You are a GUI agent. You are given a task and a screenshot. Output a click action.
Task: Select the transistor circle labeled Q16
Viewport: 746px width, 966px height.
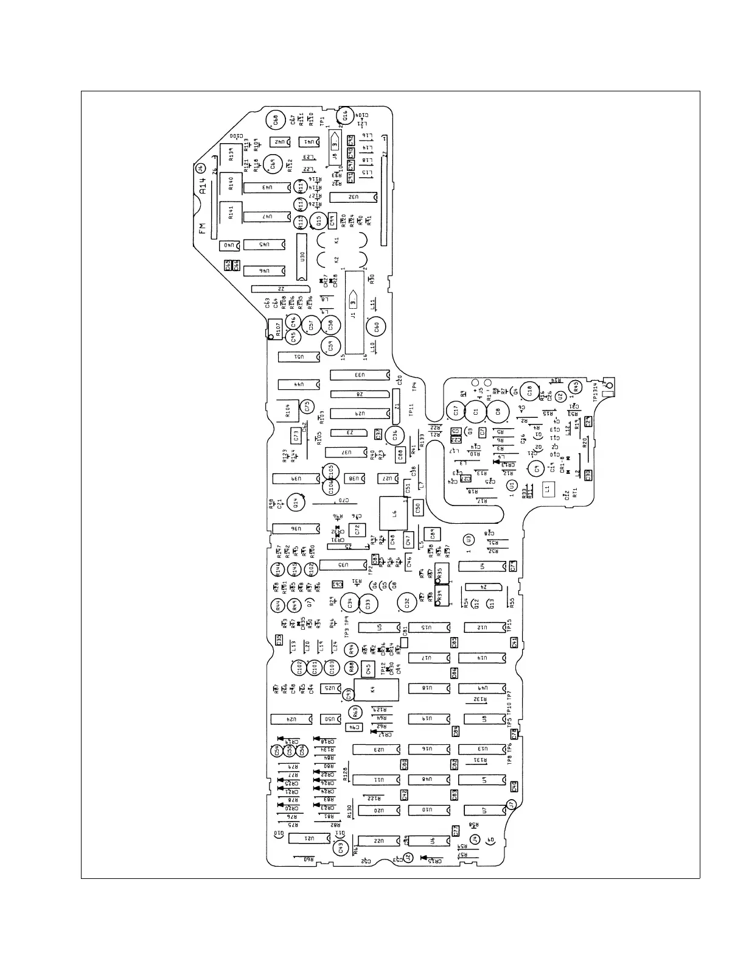click(x=345, y=115)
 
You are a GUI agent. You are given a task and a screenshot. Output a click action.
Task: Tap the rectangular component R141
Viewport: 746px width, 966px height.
click(x=231, y=213)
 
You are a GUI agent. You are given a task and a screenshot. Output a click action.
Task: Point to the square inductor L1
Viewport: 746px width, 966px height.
click(x=547, y=488)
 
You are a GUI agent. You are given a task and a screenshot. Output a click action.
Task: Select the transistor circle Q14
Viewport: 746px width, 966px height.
click(x=297, y=503)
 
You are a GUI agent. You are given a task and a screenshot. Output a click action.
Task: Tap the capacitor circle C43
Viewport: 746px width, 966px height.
click(x=341, y=845)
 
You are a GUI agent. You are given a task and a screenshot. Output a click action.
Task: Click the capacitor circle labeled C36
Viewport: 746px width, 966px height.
click(x=394, y=435)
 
